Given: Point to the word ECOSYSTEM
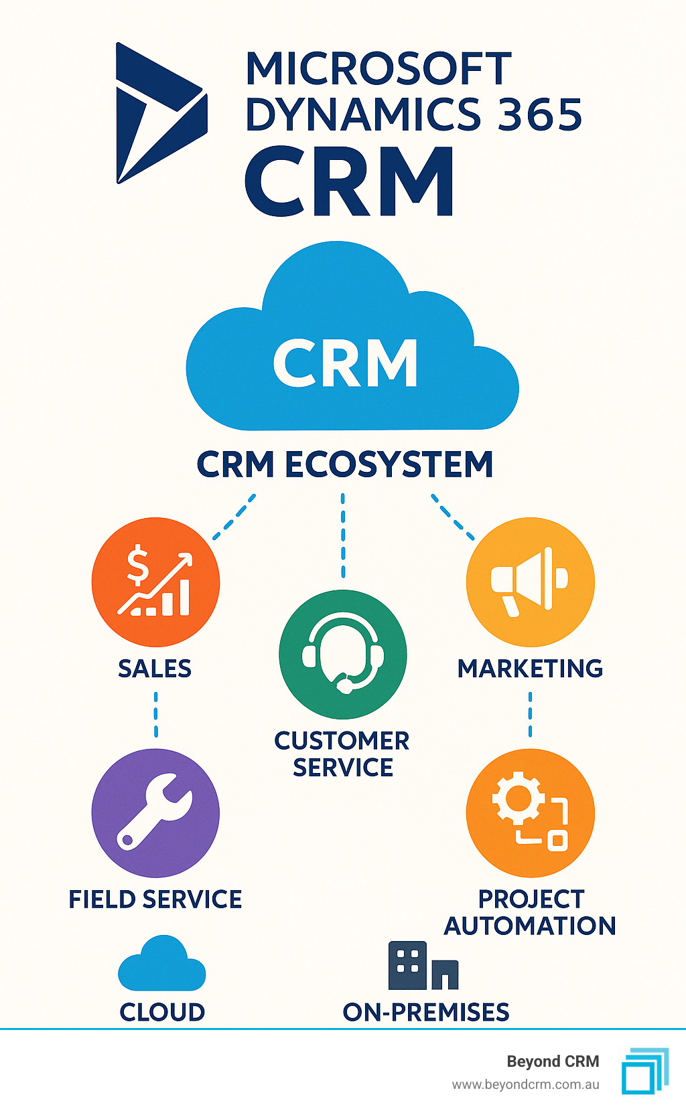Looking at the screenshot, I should coord(389,464).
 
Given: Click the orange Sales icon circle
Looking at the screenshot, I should coord(155,582).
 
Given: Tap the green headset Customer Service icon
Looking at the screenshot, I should coord(343,654).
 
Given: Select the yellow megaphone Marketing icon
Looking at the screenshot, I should coord(530,582).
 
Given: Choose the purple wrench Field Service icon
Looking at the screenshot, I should coord(155,812).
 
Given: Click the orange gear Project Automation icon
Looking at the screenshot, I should coord(530,812).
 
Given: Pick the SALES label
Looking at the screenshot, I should coord(155,669).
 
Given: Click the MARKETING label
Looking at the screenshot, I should coord(530,669).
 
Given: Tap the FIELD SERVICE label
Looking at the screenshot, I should coord(155,899).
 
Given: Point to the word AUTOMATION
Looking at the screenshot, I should coord(530,926).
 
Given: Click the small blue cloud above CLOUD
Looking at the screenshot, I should coord(161,965).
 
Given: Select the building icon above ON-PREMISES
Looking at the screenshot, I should coord(423,966).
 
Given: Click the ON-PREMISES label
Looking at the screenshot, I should coord(426,1012).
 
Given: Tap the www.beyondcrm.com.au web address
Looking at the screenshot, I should coord(525,1085).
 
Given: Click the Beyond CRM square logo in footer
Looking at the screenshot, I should coord(644,1071).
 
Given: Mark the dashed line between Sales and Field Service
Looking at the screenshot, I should coord(156,715).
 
